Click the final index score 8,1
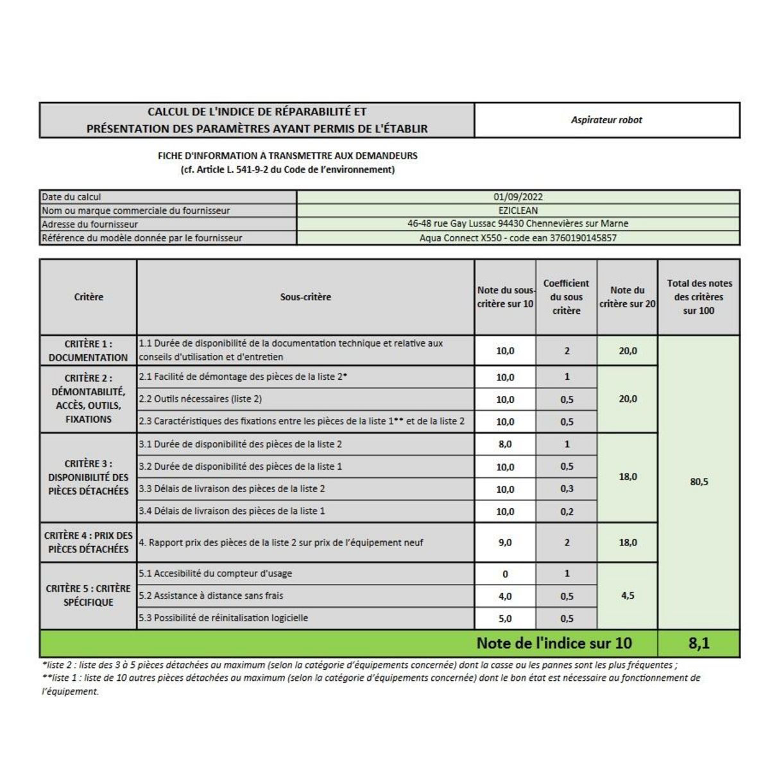[x=698, y=643]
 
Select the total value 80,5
[x=699, y=482]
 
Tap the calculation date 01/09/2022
[x=518, y=197]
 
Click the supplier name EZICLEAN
[x=518, y=210]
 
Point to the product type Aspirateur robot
[x=606, y=120]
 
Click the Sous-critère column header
[x=305, y=297]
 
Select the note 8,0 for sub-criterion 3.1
[x=505, y=444]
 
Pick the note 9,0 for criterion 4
[x=505, y=542]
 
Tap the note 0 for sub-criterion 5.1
[x=505, y=574]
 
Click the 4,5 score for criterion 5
[x=628, y=595]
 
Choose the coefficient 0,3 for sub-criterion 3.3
[x=567, y=489]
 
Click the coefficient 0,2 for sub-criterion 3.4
[x=567, y=511]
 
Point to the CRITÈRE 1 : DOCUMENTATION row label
[x=89, y=350]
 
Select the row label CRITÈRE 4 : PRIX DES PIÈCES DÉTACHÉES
[x=89, y=542]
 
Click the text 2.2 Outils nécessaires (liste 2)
[x=200, y=399]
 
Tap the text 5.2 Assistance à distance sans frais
[x=210, y=595]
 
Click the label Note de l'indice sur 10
[x=554, y=643]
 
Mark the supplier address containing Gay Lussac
[x=518, y=224]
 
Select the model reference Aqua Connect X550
[x=518, y=238]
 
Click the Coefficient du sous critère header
[x=566, y=297]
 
